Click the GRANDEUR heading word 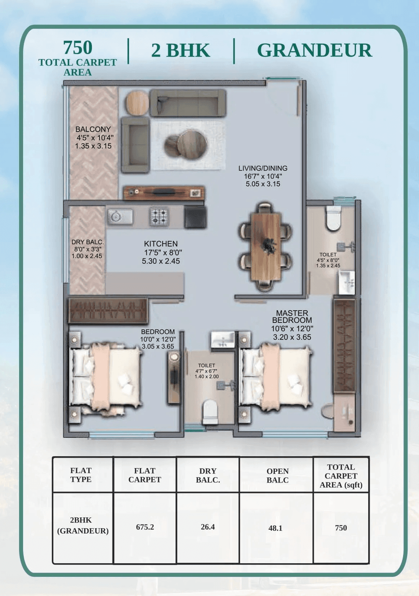[x=314, y=50]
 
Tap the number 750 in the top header [x=77, y=47]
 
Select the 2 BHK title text [x=180, y=50]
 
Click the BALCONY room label [x=93, y=129]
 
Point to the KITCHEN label [x=161, y=244]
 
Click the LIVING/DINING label [x=263, y=168]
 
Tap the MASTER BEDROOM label [x=292, y=316]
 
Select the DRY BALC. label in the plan [x=87, y=242]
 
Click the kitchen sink [x=119, y=217]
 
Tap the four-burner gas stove [x=159, y=217]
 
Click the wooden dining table [x=266, y=246]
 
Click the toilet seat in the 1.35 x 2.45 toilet [x=333, y=219]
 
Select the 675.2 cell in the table [x=145, y=527]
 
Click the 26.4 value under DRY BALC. [x=208, y=527]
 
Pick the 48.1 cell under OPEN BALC [x=275, y=528]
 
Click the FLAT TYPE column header [x=81, y=475]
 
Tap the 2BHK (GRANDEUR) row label [x=83, y=525]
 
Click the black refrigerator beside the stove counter [x=195, y=217]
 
